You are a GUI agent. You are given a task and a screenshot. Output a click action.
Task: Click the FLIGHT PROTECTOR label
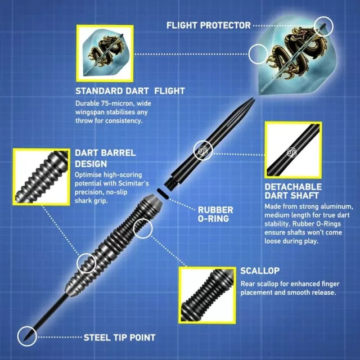(x=208, y=25)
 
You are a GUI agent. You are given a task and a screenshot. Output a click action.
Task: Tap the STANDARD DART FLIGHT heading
(x=130, y=91)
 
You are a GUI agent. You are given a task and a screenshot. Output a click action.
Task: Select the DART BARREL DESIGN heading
(x=105, y=158)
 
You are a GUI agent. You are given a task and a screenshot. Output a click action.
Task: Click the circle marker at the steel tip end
(x=26, y=336)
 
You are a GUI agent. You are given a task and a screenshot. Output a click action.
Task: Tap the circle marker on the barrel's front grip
(x=86, y=262)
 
